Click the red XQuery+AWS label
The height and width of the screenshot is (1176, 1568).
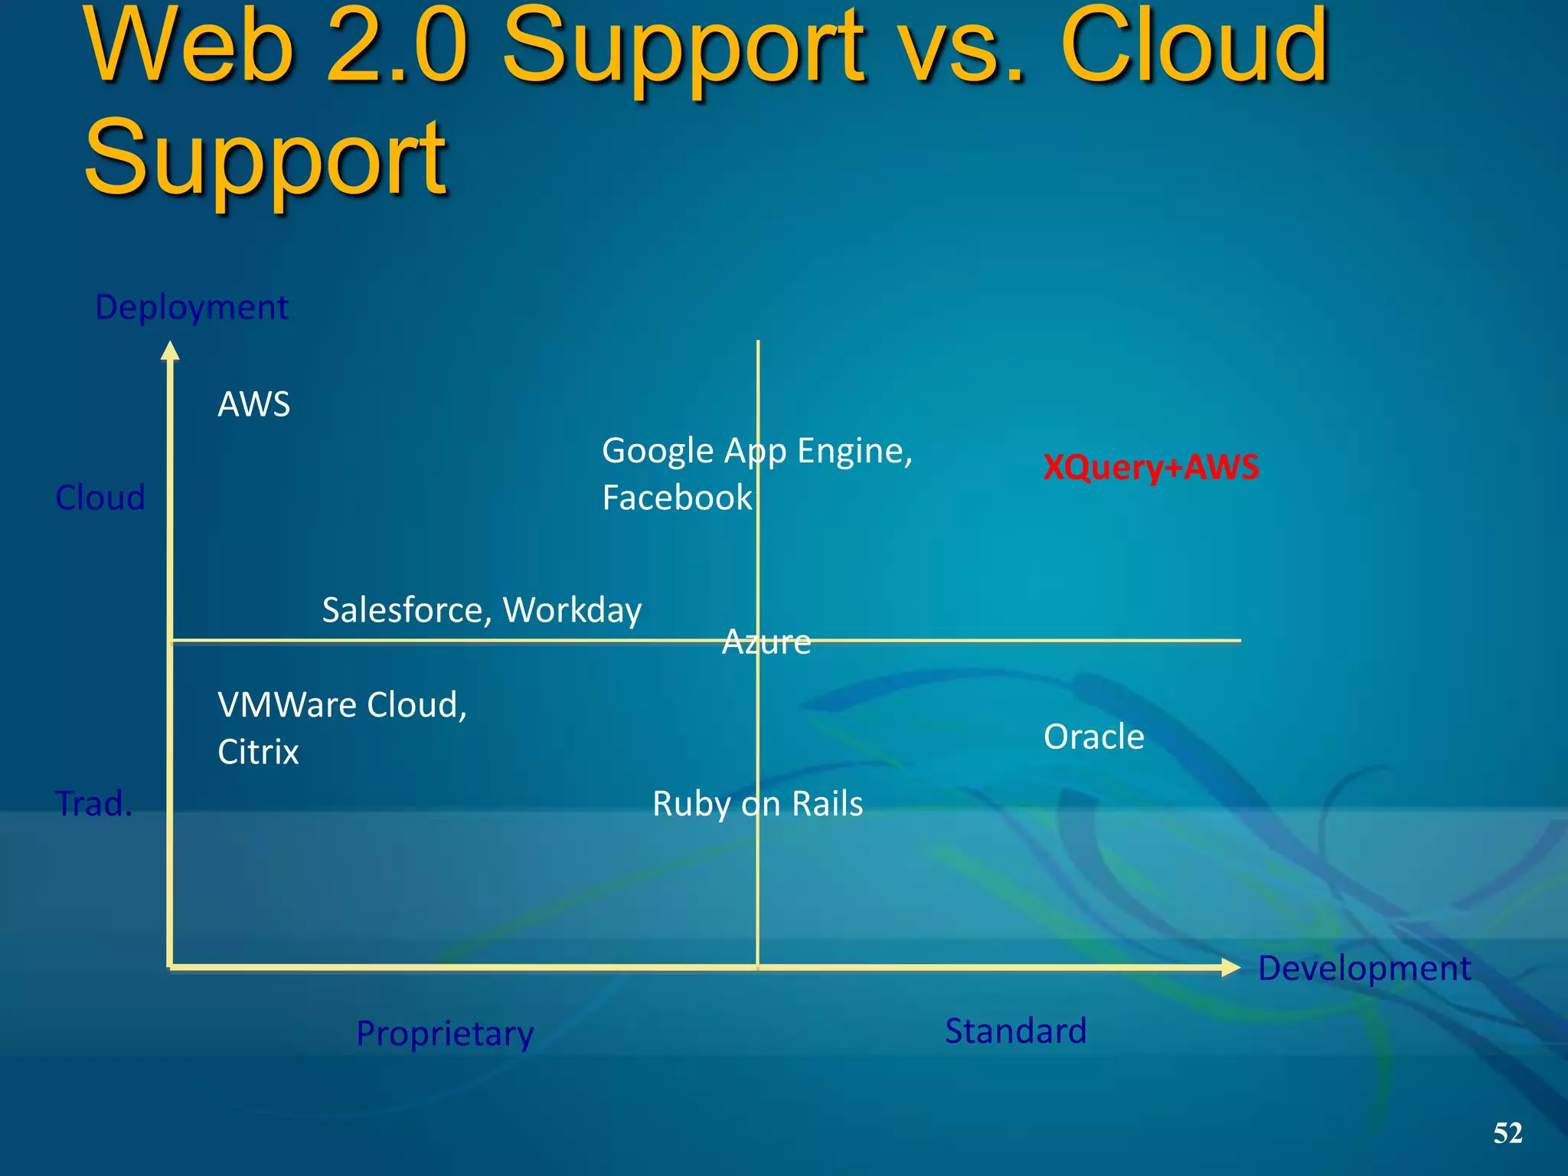(x=1151, y=467)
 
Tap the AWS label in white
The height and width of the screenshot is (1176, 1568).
(x=254, y=404)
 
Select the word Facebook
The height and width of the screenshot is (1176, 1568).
(x=677, y=498)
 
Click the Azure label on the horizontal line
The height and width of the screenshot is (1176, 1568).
(x=766, y=642)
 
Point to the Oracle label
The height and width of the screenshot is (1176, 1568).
(x=1094, y=737)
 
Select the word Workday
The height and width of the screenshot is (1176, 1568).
(x=572, y=610)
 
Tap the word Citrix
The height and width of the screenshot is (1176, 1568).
(x=258, y=752)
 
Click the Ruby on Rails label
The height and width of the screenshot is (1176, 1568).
(x=757, y=804)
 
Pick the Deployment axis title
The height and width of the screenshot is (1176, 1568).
(x=191, y=307)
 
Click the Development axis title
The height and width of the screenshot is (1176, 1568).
(x=1364, y=968)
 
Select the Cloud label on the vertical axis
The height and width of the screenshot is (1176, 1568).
(x=100, y=498)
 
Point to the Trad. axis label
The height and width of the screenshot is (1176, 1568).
(x=93, y=804)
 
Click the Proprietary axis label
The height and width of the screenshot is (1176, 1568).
(x=445, y=1034)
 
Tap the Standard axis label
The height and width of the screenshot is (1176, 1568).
(x=1015, y=1031)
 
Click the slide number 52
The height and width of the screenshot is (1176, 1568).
(x=1508, y=1133)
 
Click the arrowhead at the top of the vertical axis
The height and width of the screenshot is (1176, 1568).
(x=170, y=351)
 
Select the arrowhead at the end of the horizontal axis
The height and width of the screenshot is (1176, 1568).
(x=1230, y=968)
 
